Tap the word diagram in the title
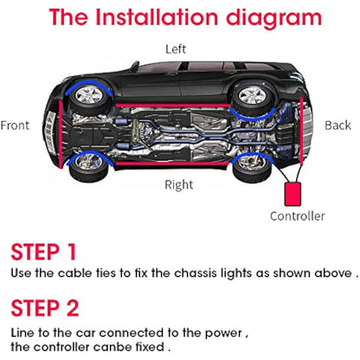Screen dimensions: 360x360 282,16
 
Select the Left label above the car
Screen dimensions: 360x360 176,48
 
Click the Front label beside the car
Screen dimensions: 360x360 15,125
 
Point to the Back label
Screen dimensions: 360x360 337,125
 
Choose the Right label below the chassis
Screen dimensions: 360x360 179,183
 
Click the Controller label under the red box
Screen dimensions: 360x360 297,215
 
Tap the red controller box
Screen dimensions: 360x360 295,191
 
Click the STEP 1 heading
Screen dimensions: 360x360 43,252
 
